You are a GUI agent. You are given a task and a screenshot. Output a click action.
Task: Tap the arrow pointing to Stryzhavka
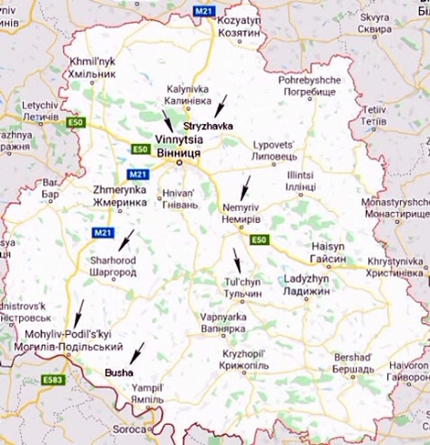pyautogui.click(x=221, y=106)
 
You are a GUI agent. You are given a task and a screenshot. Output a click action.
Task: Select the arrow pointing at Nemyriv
pyautogui.click(x=245, y=187)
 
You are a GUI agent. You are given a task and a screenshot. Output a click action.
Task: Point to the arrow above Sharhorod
pyautogui.click(x=126, y=239)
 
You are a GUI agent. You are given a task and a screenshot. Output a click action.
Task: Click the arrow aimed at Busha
pyautogui.click(x=136, y=353)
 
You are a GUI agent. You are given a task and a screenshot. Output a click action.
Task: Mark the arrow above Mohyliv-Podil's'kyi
pyautogui.click(x=79, y=313)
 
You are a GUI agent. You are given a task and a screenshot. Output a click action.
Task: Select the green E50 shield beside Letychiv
pyautogui.click(x=75, y=123)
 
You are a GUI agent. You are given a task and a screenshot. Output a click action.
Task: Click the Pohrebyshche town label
pyautogui.click(x=309, y=86)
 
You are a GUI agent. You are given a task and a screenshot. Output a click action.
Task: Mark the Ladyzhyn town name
pyautogui.click(x=306, y=284)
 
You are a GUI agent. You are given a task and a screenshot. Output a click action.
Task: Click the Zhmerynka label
pyautogui.click(x=119, y=196)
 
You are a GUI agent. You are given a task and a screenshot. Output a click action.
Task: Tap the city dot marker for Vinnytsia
pyautogui.click(x=178, y=163)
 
